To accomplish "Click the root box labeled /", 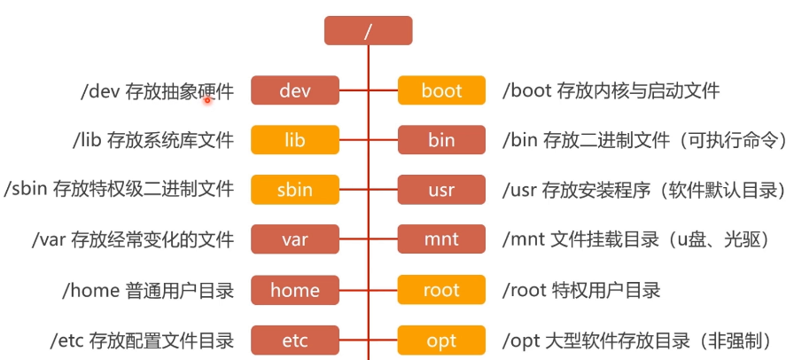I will coord(368,31).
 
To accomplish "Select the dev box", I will coord(295,90).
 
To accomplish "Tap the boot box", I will coord(441,90).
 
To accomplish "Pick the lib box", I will coord(295,140).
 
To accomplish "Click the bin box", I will coord(441,140).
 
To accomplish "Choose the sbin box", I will coord(295,190).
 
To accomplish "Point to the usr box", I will coord(441,190).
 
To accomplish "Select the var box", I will coord(295,239).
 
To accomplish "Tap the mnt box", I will coord(441,239).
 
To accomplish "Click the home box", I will coord(295,290).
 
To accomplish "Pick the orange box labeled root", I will coord(441,290).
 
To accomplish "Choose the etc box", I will coord(295,340).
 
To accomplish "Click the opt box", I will coord(441,340).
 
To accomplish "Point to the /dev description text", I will coord(157,90).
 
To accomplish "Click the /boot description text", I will coord(611,90).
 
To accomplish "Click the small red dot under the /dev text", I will coord(207,100).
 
